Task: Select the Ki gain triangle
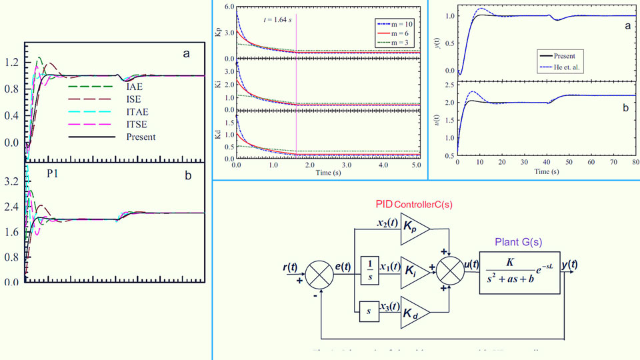pyautogui.click(x=414, y=272)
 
